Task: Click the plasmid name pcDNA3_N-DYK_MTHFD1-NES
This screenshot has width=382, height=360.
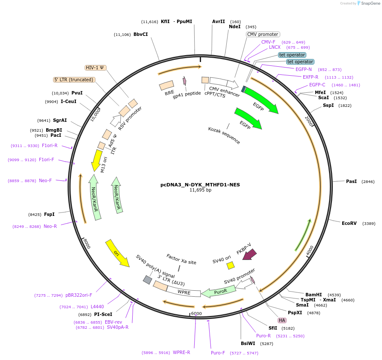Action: click(200, 185)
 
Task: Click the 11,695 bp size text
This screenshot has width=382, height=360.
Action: click(200, 190)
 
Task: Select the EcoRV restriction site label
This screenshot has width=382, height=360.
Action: click(349, 223)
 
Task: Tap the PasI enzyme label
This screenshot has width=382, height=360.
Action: click(351, 181)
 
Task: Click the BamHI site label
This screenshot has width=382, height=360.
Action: click(314, 295)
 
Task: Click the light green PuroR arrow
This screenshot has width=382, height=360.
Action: click(219, 292)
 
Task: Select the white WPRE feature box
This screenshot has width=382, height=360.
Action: click(184, 292)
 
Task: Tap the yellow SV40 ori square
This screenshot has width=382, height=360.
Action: click(231, 266)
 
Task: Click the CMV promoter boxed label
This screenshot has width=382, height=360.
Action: click(263, 34)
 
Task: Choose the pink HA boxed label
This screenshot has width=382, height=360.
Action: click(282, 320)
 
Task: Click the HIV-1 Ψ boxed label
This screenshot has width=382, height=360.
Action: click(95, 68)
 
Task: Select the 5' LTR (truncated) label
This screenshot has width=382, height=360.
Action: click(74, 80)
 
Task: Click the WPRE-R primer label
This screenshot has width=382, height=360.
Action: click(181, 352)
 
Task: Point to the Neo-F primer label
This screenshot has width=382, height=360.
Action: click(45, 180)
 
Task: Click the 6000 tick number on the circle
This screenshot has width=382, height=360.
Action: click(196, 313)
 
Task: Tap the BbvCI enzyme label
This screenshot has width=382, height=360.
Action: click(141, 34)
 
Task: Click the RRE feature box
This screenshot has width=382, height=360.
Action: click(166, 86)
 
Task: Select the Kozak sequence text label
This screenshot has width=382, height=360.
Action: click(224, 135)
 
